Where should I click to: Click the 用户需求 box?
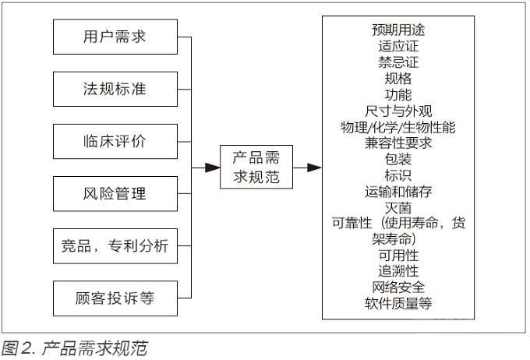pyautogui.click(x=115, y=37)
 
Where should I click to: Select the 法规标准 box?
pyautogui.click(x=115, y=90)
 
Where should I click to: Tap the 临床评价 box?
pyautogui.click(x=115, y=142)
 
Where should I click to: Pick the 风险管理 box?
pyautogui.click(x=115, y=194)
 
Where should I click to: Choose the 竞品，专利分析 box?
pyautogui.click(x=115, y=246)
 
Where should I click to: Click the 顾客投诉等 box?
pyautogui.click(x=115, y=298)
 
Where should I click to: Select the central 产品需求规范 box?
pyautogui.click(x=256, y=167)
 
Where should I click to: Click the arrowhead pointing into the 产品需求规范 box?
pyautogui.click(x=213, y=168)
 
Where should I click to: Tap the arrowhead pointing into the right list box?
pyautogui.click(x=314, y=168)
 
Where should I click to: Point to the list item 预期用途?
pyautogui.click(x=398, y=30)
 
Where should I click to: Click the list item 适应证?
pyautogui.click(x=398, y=46)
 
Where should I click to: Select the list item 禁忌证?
pyautogui.click(x=398, y=62)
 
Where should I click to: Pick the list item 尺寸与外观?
pyautogui.click(x=398, y=111)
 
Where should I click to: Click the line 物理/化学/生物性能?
pyautogui.click(x=398, y=127)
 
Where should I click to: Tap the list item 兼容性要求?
pyautogui.click(x=398, y=143)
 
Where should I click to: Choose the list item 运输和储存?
pyautogui.click(x=398, y=192)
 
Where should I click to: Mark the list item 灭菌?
pyautogui.click(x=398, y=208)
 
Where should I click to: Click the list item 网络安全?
pyautogui.click(x=398, y=288)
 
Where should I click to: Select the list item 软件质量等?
pyautogui.click(x=398, y=304)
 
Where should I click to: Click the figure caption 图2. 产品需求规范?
pyautogui.click(x=74, y=348)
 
